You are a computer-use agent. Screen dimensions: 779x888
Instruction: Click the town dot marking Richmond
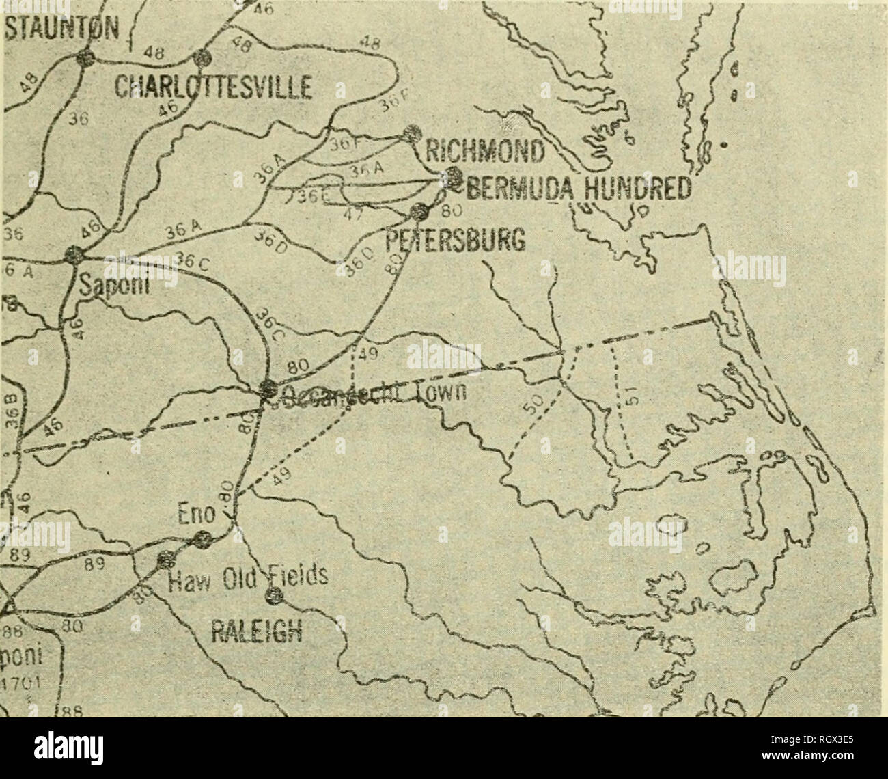(411, 133)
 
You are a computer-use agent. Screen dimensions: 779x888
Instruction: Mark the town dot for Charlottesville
(202, 58)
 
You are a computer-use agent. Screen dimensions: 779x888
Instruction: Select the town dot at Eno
(202, 541)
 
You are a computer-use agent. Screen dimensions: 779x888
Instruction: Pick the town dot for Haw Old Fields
(164, 561)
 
